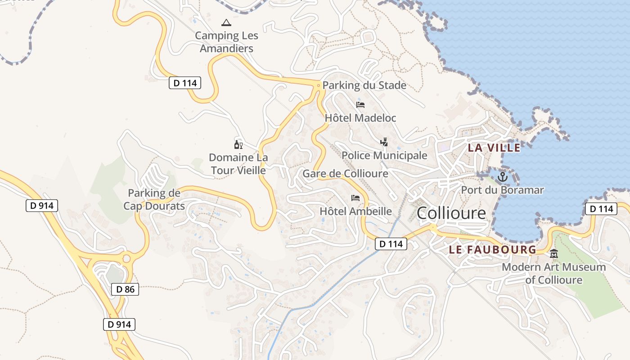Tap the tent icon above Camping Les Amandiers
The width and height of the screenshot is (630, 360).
[226, 22]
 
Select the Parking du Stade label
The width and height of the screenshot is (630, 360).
[364, 85]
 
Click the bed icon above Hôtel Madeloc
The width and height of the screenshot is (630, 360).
[360, 105]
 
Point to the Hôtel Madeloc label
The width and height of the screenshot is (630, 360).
[360, 118]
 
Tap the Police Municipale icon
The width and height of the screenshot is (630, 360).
[384, 143]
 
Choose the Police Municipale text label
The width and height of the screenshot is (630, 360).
[384, 156]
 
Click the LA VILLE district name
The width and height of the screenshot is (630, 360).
[494, 148]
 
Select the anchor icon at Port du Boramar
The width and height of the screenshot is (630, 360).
[502, 177]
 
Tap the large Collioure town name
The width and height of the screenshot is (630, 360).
[451, 213]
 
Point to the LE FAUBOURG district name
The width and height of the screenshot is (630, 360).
[492, 250]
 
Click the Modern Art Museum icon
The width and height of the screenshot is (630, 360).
[554, 254]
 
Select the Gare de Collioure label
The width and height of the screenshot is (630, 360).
[345, 174]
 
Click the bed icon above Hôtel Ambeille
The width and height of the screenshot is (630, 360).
[355, 198]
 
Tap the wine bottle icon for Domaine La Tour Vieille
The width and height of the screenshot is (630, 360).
[238, 144]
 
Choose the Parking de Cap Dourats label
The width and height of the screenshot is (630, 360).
[154, 200]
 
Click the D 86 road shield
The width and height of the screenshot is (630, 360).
[125, 289]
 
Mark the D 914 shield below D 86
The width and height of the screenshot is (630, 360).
[119, 324]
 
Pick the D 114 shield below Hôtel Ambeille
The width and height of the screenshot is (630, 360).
[391, 244]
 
